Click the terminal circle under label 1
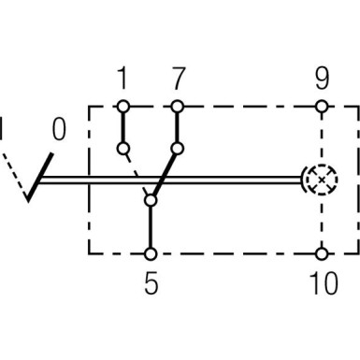tap(122, 107)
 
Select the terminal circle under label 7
tap(177, 107)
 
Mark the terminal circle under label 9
tap(323, 107)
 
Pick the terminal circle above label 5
tap(151, 252)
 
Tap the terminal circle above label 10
tap(323, 252)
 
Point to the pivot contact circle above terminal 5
tap(151, 197)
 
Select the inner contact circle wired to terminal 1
tap(122, 148)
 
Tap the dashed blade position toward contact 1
tap(137, 173)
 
